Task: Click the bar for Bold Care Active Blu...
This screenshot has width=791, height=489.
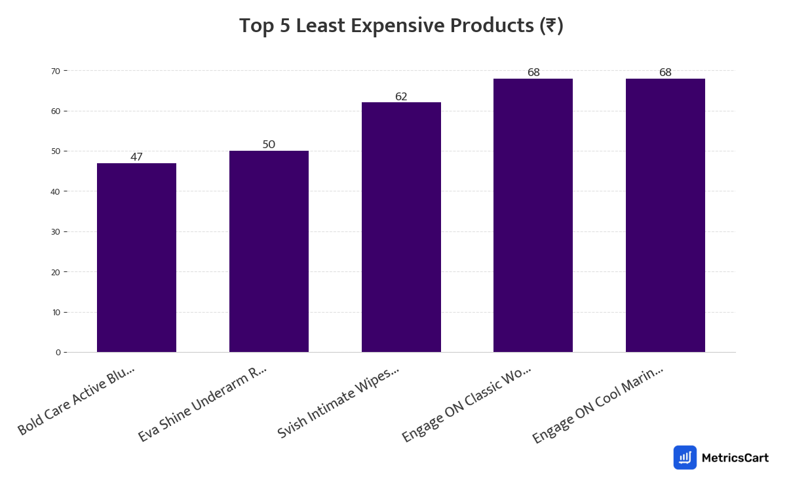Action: click(136, 258)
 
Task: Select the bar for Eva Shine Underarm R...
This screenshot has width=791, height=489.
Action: click(269, 252)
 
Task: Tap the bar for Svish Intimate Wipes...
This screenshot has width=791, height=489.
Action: click(401, 227)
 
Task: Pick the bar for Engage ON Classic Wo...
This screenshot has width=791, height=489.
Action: click(533, 216)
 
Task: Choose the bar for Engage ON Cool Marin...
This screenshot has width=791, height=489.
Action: click(665, 216)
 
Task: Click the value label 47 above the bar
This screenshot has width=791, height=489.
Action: click(136, 157)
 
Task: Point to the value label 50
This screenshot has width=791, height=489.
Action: click(269, 145)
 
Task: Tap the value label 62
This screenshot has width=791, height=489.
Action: click(401, 97)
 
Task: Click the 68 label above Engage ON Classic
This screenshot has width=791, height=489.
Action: click(533, 73)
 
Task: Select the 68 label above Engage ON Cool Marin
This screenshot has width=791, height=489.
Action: click(665, 73)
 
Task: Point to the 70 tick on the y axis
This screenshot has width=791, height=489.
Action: click(56, 71)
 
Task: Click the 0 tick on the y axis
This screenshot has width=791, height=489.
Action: click(58, 353)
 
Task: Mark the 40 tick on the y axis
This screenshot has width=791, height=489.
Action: click(56, 191)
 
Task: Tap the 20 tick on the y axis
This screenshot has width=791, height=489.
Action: click(56, 272)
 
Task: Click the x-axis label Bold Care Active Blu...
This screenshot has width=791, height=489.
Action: click(77, 401)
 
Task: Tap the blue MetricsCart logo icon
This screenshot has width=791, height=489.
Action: click(685, 458)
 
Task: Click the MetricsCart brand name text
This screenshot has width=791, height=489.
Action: click(735, 458)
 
